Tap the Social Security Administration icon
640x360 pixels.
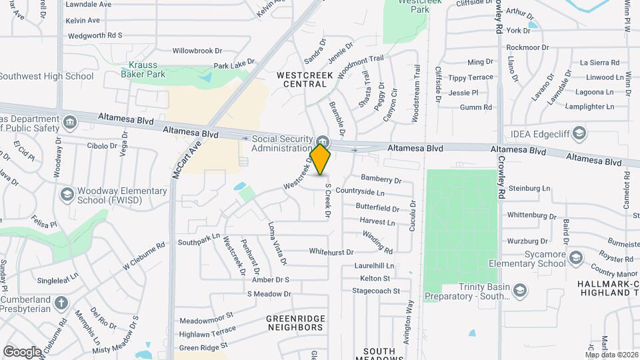(323, 141)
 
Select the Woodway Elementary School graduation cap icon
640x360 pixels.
(67, 194)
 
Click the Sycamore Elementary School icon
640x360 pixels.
(577, 257)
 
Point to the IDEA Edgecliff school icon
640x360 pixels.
(579, 133)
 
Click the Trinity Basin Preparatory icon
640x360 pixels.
(520, 290)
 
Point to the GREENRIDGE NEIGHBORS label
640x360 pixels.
(295, 323)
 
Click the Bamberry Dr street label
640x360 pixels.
(381, 179)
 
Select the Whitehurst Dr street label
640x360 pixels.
(331, 251)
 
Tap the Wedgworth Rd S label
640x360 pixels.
(95, 35)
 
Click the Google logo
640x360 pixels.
(21, 352)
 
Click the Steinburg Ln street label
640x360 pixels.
(530, 189)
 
